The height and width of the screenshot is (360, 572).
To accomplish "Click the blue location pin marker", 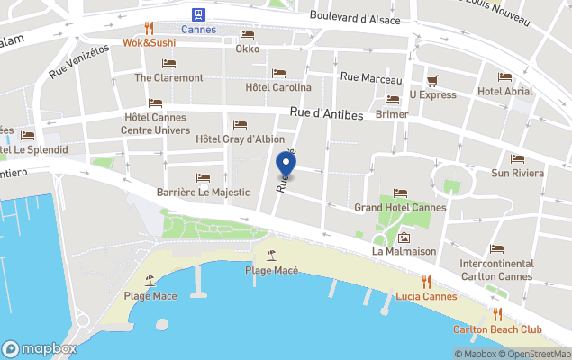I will (x=286, y=165).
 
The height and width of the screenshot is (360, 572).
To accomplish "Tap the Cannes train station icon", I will (x=197, y=13).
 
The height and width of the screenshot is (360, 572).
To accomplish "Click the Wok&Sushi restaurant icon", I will (x=150, y=28).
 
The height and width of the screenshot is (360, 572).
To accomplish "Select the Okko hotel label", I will (x=247, y=49).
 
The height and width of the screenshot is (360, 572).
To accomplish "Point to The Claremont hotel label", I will (x=168, y=77).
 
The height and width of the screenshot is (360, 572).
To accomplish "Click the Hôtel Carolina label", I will (x=278, y=87).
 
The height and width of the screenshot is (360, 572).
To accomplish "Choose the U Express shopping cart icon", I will (x=432, y=80).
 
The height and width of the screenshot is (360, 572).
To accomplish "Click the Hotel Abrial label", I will (x=504, y=91).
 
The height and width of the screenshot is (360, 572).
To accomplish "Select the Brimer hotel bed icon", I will (x=392, y=100).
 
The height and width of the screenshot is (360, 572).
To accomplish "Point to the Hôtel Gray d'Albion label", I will (x=240, y=139).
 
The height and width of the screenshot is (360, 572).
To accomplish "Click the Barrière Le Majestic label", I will (x=203, y=192).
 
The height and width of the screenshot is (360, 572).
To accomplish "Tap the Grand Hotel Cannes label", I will (x=400, y=207).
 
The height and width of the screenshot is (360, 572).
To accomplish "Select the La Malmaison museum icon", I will (x=404, y=238).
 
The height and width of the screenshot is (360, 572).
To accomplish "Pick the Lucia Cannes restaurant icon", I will (x=426, y=282).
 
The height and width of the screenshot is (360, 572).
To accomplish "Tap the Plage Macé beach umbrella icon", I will (x=271, y=256).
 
